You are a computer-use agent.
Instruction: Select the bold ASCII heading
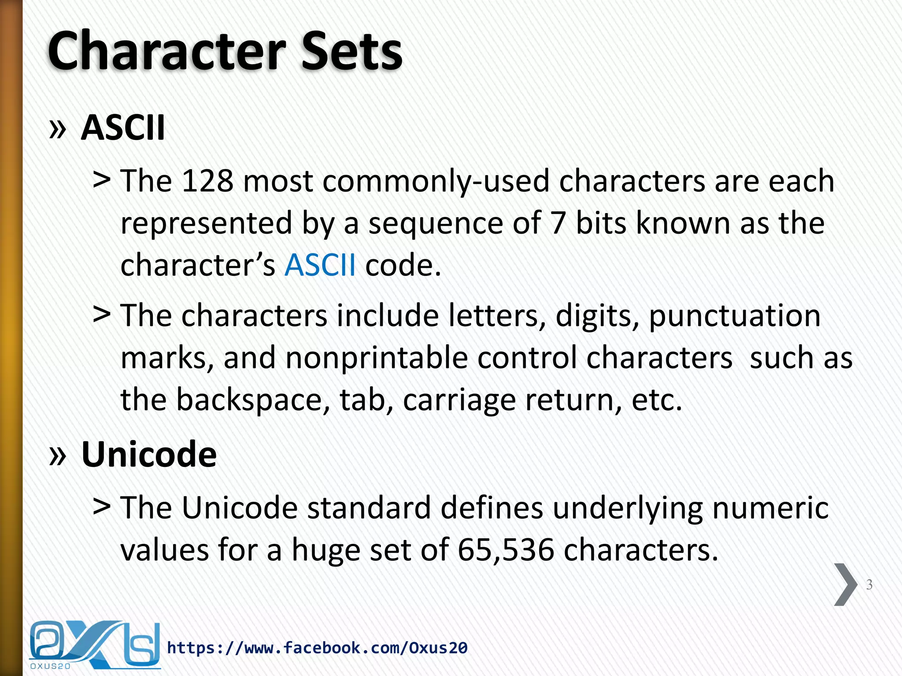pos(123,128)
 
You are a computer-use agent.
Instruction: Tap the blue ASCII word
pos(320,265)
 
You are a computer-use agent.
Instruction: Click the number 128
pos(207,181)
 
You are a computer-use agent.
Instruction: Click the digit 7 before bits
pos(558,223)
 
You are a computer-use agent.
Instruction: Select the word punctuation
pos(734,316)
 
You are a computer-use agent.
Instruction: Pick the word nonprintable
pos(377,357)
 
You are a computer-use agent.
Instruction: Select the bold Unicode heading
pos(149,454)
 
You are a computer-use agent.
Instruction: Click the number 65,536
pos(506,550)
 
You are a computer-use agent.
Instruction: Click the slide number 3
pos(869,584)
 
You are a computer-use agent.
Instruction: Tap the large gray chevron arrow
pos(846,584)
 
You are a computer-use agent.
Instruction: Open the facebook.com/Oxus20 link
pos(317,648)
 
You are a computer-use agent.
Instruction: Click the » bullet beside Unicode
pos(58,455)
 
